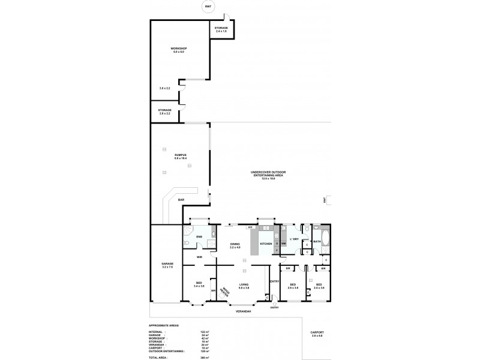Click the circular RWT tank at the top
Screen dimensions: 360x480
tap(208, 7)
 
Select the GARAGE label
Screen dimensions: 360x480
tap(167, 265)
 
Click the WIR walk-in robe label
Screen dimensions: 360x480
tap(199, 257)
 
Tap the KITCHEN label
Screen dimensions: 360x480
tap(266, 244)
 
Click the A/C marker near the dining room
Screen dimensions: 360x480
tap(250, 227)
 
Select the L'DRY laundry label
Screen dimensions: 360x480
tap(294, 239)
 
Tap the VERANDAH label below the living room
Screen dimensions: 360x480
tap(242, 312)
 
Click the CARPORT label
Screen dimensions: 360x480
tap(317, 334)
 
